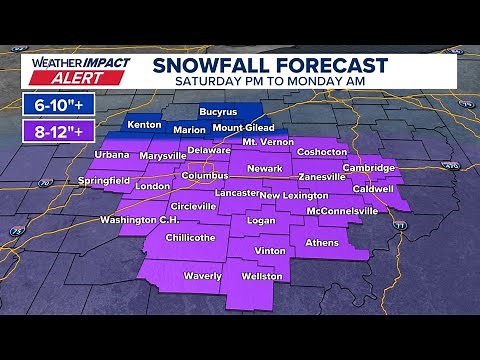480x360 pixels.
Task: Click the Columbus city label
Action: click(x=205, y=175)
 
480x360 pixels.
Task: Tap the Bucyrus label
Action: click(x=217, y=111)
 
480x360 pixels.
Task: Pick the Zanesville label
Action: click(x=321, y=176)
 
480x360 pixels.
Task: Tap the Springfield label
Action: click(x=104, y=181)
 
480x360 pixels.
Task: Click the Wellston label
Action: click(x=262, y=275)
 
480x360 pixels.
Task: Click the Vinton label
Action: click(x=270, y=250)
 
